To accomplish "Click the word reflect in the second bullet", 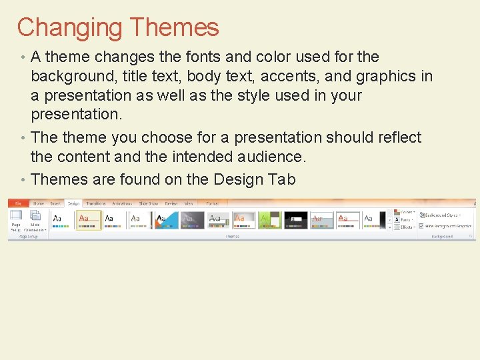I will (x=397, y=137).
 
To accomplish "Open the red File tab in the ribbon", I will (x=18, y=203).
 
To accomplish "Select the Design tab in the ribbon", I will (x=73, y=203).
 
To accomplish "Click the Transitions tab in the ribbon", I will (x=96, y=203).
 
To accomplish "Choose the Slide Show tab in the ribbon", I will (x=148, y=203).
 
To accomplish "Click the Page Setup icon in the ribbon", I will (x=15, y=219).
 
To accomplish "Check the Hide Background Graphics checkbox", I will (x=421, y=226).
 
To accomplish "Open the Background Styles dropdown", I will (x=441, y=215).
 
